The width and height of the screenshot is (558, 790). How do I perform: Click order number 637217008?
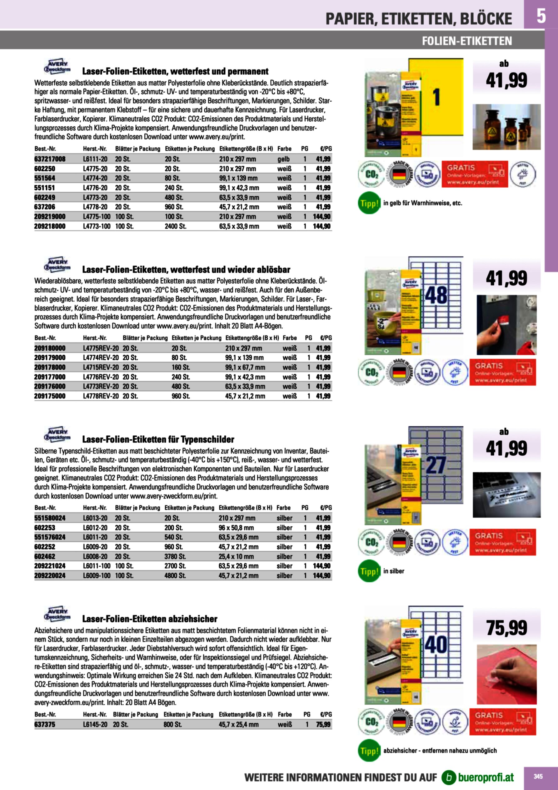pos(50,159)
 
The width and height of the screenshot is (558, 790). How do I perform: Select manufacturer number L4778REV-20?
pos(101,396)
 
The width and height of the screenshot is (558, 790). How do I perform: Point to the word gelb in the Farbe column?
pos(284,159)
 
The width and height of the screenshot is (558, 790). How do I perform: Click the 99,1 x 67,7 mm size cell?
pos(245,367)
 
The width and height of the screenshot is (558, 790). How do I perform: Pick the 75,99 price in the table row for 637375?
pos(323,724)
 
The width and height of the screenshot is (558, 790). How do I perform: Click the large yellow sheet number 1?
pos(436,97)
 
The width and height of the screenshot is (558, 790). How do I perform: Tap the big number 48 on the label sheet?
pos(436,295)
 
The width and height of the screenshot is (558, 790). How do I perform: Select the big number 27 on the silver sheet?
pos(436,465)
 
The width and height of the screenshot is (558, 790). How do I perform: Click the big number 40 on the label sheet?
pos(436,645)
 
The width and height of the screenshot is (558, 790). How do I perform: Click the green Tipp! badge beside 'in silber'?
pos(369,571)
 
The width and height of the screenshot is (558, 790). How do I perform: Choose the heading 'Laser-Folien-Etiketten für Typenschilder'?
pos(158,439)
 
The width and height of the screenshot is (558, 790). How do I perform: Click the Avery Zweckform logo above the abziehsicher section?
pos(57,614)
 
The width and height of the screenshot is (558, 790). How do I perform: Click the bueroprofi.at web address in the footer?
pos(486,777)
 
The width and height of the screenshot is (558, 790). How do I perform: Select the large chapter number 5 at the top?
pos(541,16)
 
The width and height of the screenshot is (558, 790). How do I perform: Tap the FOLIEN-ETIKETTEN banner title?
pos(467,41)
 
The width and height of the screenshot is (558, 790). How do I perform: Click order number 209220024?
pos(50,575)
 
